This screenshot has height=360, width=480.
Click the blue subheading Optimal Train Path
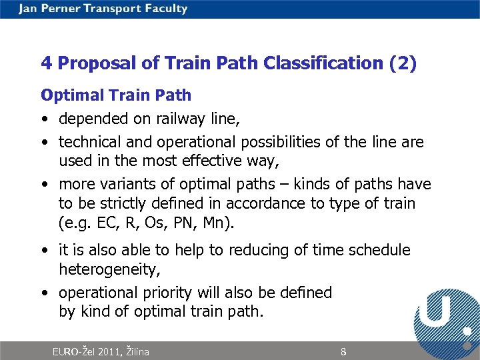click(116, 95)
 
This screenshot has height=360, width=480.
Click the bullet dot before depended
click(44, 119)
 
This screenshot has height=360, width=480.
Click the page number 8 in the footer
click(343, 351)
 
